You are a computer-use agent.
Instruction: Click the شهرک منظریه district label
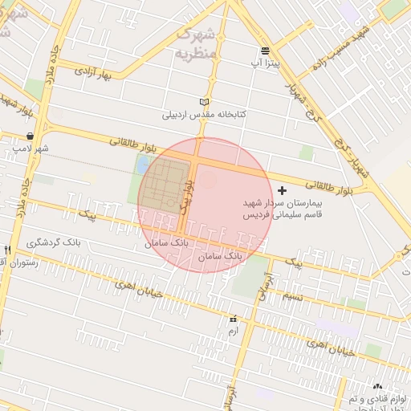click(x=195, y=44)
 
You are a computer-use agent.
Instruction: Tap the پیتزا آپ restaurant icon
click(x=265, y=51)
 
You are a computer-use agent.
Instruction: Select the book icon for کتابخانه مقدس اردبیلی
click(x=204, y=102)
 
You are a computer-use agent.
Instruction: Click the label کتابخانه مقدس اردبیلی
click(x=205, y=115)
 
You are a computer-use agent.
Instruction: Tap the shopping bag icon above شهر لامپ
click(x=30, y=136)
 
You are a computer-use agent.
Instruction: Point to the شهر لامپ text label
click(x=31, y=149)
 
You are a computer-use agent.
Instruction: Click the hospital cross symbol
click(x=281, y=190)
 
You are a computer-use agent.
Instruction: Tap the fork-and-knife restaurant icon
click(x=8, y=250)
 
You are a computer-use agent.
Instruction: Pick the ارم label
click(x=234, y=331)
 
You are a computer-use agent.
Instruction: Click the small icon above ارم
click(x=234, y=319)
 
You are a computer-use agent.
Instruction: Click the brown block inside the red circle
click(x=167, y=185)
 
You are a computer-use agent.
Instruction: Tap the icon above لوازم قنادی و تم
click(x=378, y=387)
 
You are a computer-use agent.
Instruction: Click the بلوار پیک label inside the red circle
click(x=188, y=195)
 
